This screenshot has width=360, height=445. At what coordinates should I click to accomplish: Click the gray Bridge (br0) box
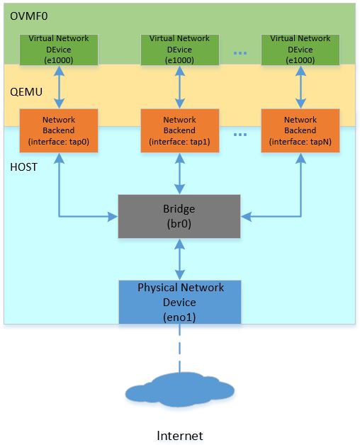point(179,215)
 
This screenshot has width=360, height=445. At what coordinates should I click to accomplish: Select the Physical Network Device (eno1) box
point(180,303)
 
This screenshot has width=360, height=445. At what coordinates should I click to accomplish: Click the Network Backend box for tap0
point(59,130)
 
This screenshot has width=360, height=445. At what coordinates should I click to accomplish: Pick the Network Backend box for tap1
point(179,130)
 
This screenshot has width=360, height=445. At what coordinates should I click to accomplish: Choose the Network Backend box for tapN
point(300,130)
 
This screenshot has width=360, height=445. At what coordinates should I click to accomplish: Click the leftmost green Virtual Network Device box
point(59,50)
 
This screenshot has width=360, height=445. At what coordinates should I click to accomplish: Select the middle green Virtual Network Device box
point(179,50)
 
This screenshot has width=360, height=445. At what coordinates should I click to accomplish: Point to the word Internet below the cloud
point(179,435)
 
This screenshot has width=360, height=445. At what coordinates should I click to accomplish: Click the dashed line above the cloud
point(179,351)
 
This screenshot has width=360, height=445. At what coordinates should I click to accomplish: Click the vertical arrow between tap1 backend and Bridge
point(179,173)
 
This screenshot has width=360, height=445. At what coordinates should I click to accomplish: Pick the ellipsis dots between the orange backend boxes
point(240,134)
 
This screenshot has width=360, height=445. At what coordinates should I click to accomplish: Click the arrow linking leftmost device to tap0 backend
point(59,87)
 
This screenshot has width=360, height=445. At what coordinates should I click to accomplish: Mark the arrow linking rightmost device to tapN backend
point(300,87)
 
